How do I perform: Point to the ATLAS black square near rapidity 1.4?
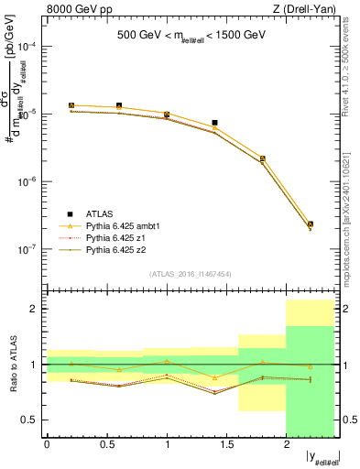(x=214, y=122)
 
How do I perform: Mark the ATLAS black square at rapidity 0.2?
(x=71, y=105)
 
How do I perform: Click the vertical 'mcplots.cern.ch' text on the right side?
(x=351, y=220)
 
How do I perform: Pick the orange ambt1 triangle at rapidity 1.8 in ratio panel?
(x=263, y=362)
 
